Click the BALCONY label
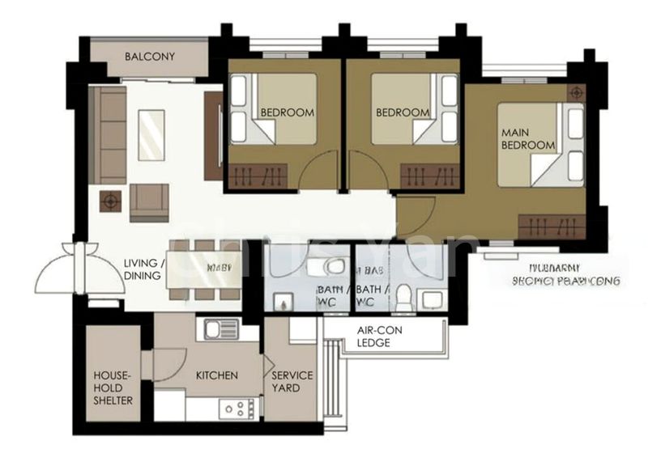[x=150, y=57]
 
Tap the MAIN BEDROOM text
[x=528, y=138]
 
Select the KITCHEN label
[x=217, y=375]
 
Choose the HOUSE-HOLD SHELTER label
[x=113, y=387]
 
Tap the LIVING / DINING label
[x=146, y=269]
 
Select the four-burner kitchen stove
[x=238, y=408]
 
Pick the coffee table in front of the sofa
[x=151, y=135]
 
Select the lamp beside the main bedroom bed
[x=576, y=93]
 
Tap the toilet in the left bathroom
[x=334, y=266]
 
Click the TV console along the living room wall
[x=213, y=136]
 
